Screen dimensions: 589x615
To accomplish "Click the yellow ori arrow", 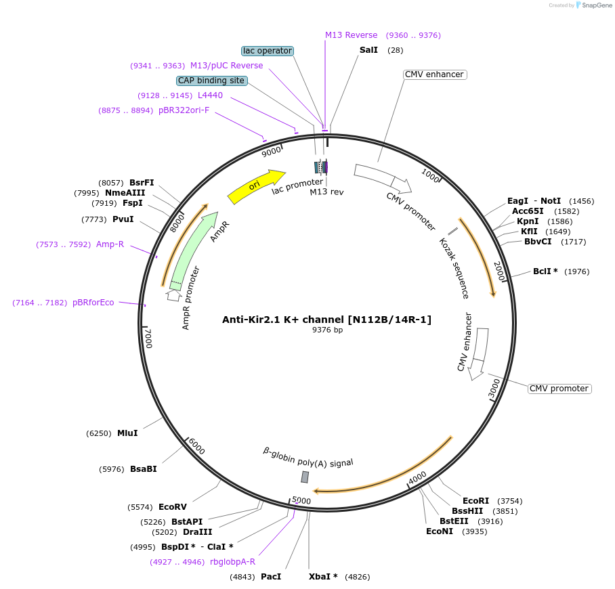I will click(x=256, y=186).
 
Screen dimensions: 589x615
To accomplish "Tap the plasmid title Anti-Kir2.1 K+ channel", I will click(x=326, y=320).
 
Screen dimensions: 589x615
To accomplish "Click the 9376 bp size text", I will click(x=327, y=330).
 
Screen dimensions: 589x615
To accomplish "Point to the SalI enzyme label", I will click(x=369, y=51).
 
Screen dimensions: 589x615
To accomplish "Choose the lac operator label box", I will click(x=268, y=51).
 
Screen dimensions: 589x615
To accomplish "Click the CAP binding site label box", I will click(x=211, y=81).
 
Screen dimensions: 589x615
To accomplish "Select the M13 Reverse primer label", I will click(x=351, y=35).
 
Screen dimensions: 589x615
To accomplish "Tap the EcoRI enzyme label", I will click(x=475, y=501).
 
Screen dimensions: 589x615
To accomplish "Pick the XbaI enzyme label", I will click(x=323, y=577).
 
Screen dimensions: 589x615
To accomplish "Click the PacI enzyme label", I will click(x=271, y=577).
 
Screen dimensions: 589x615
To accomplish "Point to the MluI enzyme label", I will click(x=127, y=433).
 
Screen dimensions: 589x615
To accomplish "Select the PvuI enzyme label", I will click(x=123, y=219).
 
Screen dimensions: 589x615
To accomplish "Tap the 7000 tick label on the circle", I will click(x=148, y=336).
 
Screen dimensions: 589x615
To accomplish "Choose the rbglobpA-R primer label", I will click(x=232, y=561).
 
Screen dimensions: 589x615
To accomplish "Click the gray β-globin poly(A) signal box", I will click(x=305, y=477).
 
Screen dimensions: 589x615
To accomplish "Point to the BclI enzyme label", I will click(x=545, y=271).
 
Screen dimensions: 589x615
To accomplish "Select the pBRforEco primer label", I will click(x=93, y=303).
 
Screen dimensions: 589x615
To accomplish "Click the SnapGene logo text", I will click(x=597, y=5).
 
